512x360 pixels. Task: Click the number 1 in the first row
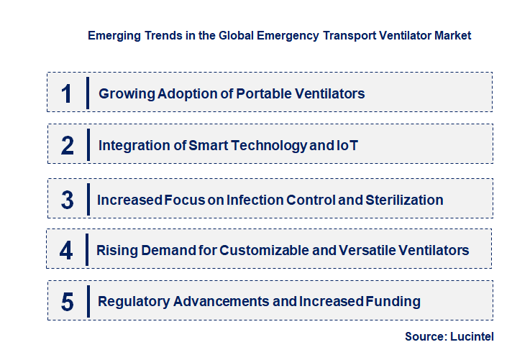(66, 93)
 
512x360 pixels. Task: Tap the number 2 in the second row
(68, 146)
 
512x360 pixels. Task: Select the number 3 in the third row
(67, 200)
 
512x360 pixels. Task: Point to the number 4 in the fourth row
(66, 250)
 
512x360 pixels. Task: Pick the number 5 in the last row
(67, 302)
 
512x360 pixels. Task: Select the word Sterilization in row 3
(405, 200)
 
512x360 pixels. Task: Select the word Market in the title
(453, 35)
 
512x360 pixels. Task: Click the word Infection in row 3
(255, 200)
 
